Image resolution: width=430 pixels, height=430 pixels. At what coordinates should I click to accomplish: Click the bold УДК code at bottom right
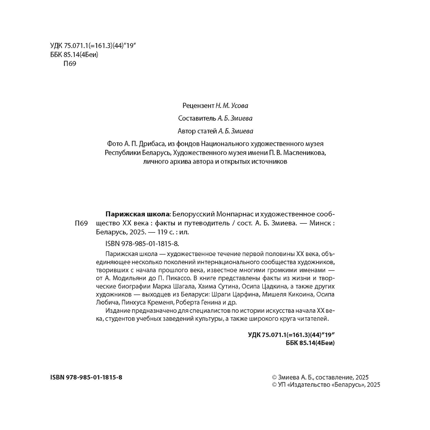[x=292, y=335]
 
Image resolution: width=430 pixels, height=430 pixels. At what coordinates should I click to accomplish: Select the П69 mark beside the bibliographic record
[x=81, y=223]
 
